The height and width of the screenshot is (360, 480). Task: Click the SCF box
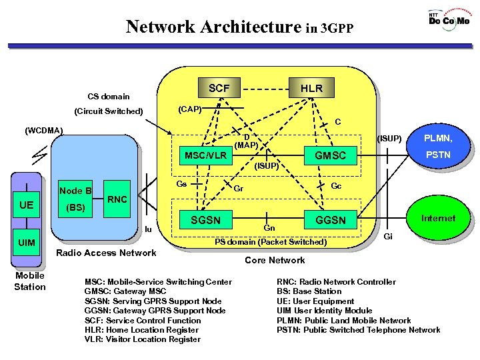click(219, 88)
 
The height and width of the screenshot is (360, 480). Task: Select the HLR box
click(311, 88)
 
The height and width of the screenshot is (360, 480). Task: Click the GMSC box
click(330, 155)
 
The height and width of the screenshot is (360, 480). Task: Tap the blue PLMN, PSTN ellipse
click(438, 147)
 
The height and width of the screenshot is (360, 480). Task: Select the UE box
click(27, 205)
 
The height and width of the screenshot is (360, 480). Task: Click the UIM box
click(27, 242)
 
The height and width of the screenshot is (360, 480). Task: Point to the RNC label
click(118, 199)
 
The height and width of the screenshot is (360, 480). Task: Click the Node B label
click(76, 191)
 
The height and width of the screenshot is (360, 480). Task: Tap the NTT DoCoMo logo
click(449, 19)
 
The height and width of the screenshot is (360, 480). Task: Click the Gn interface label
click(269, 228)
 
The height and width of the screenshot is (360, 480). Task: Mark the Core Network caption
click(275, 260)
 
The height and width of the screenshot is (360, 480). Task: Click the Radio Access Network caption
click(107, 252)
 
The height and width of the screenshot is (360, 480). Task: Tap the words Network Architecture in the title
click(213, 27)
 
